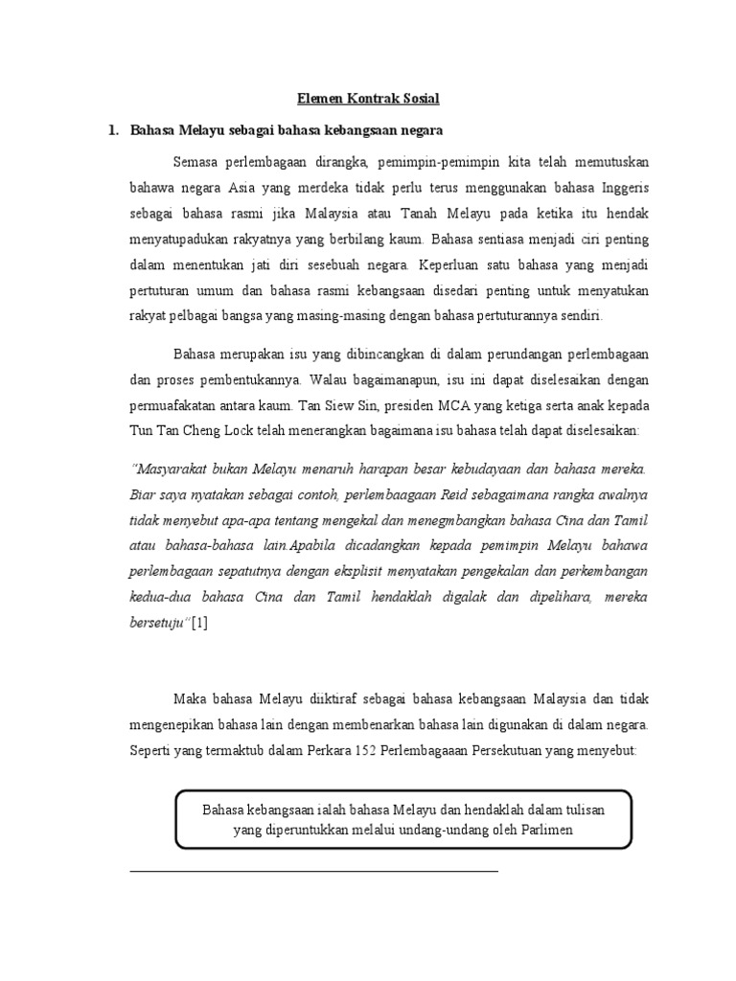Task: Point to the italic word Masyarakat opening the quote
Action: click(x=172, y=469)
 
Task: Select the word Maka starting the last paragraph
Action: click(x=191, y=698)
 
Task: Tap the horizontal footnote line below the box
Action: click(x=313, y=871)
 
